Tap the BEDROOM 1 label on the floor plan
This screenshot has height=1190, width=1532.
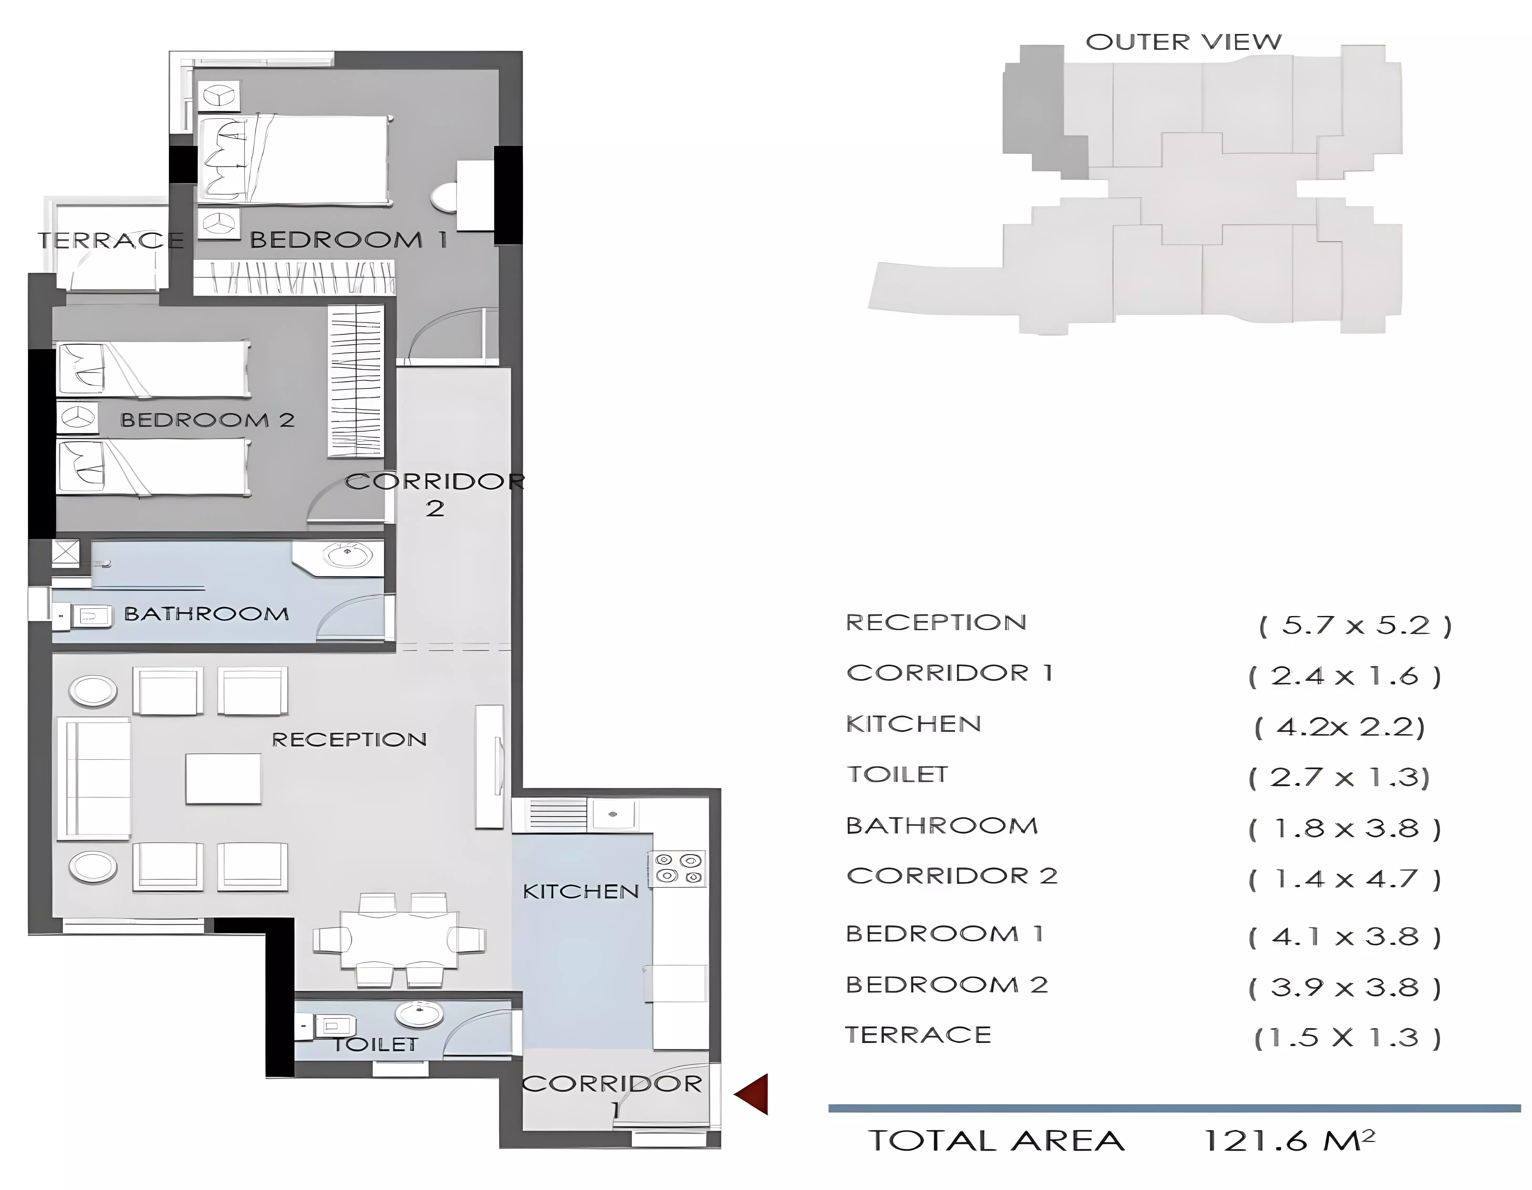(349, 240)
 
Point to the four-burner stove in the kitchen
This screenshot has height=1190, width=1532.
(678, 868)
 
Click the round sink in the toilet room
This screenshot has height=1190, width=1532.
(419, 1014)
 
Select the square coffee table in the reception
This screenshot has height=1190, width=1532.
(223, 779)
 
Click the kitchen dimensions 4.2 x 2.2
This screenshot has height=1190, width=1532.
(1340, 727)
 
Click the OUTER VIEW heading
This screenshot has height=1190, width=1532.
(1183, 42)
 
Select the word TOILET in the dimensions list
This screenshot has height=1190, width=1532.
(897, 774)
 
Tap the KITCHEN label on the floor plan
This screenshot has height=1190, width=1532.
(581, 892)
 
